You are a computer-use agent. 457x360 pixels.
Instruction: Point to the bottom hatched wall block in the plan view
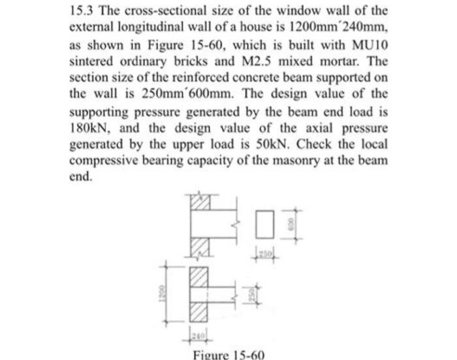point(200,310)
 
